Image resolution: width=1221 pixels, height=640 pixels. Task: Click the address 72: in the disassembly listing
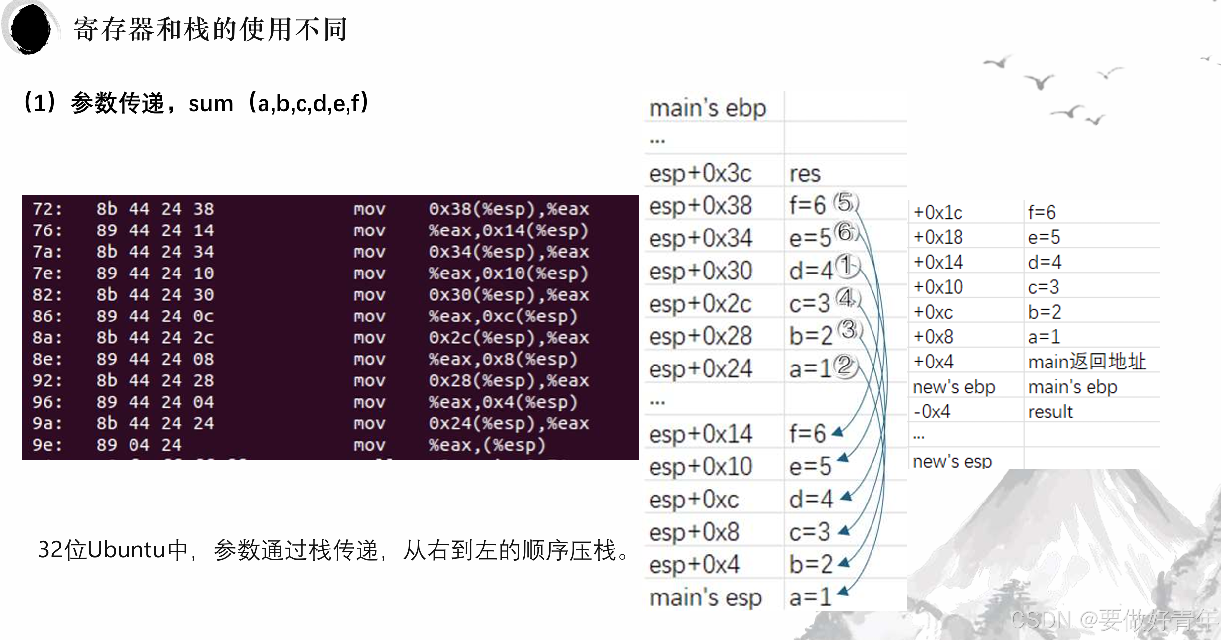[x=47, y=209]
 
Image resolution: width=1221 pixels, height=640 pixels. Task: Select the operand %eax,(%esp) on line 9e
[x=487, y=445]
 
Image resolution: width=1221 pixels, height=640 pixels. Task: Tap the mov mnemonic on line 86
[x=369, y=316]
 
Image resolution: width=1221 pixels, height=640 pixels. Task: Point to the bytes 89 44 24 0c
[x=155, y=316]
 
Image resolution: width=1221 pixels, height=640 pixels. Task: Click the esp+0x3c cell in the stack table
[x=700, y=173]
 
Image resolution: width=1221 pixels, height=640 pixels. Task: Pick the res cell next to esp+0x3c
[x=805, y=174]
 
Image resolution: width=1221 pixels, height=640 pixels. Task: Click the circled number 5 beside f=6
[x=845, y=203]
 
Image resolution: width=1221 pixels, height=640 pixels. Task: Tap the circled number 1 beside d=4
[x=846, y=266]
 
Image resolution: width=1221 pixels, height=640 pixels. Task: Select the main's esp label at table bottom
[x=705, y=597]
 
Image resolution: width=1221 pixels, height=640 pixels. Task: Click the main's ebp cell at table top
[x=707, y=108]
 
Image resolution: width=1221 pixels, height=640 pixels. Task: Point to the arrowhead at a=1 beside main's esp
[x=843, y=591]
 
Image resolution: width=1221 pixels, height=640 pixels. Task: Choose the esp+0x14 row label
[x=700, y=434]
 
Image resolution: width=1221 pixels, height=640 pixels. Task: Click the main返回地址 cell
[x=1087, y=362]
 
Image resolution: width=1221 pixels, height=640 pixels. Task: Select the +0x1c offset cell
[x=938, y=213]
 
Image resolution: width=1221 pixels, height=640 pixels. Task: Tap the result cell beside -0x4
[x=1050, y=411]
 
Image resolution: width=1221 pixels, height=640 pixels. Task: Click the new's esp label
[x=952, y=461]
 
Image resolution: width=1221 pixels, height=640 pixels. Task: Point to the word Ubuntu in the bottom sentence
[x=126, y=549]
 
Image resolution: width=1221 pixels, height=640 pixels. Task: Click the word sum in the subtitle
[x=211, y=104]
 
